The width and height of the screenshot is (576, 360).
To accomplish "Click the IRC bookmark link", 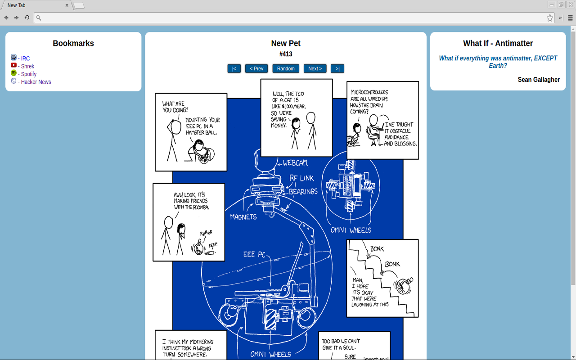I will pos(25,58).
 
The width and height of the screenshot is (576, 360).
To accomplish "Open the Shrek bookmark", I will pos(27,66).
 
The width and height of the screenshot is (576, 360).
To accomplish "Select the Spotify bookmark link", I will pos(28,74).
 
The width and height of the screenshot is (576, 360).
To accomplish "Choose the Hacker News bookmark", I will pos(36,82).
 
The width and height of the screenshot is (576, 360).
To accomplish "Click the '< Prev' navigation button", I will pos(256,68).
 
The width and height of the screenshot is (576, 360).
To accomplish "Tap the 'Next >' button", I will pos(315,68).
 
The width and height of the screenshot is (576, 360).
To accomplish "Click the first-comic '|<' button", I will pos(234,68).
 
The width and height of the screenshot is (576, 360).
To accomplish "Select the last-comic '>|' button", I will pos(337,68).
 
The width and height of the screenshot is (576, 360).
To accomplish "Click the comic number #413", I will pos(286,54).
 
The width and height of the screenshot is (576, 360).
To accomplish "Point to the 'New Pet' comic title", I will pos(286,43).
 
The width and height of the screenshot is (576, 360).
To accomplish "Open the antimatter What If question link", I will pos(498,62).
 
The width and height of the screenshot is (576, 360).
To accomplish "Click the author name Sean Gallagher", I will pos(539,80).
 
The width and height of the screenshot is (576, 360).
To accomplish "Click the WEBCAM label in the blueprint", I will pos(295,163).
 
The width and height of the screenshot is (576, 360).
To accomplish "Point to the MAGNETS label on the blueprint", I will pos(243,217).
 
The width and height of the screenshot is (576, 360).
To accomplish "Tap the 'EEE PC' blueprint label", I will pos(254,254).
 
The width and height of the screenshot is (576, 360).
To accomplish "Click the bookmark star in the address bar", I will pos(550,18).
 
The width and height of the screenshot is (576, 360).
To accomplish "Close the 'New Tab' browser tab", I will pos(67,5).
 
